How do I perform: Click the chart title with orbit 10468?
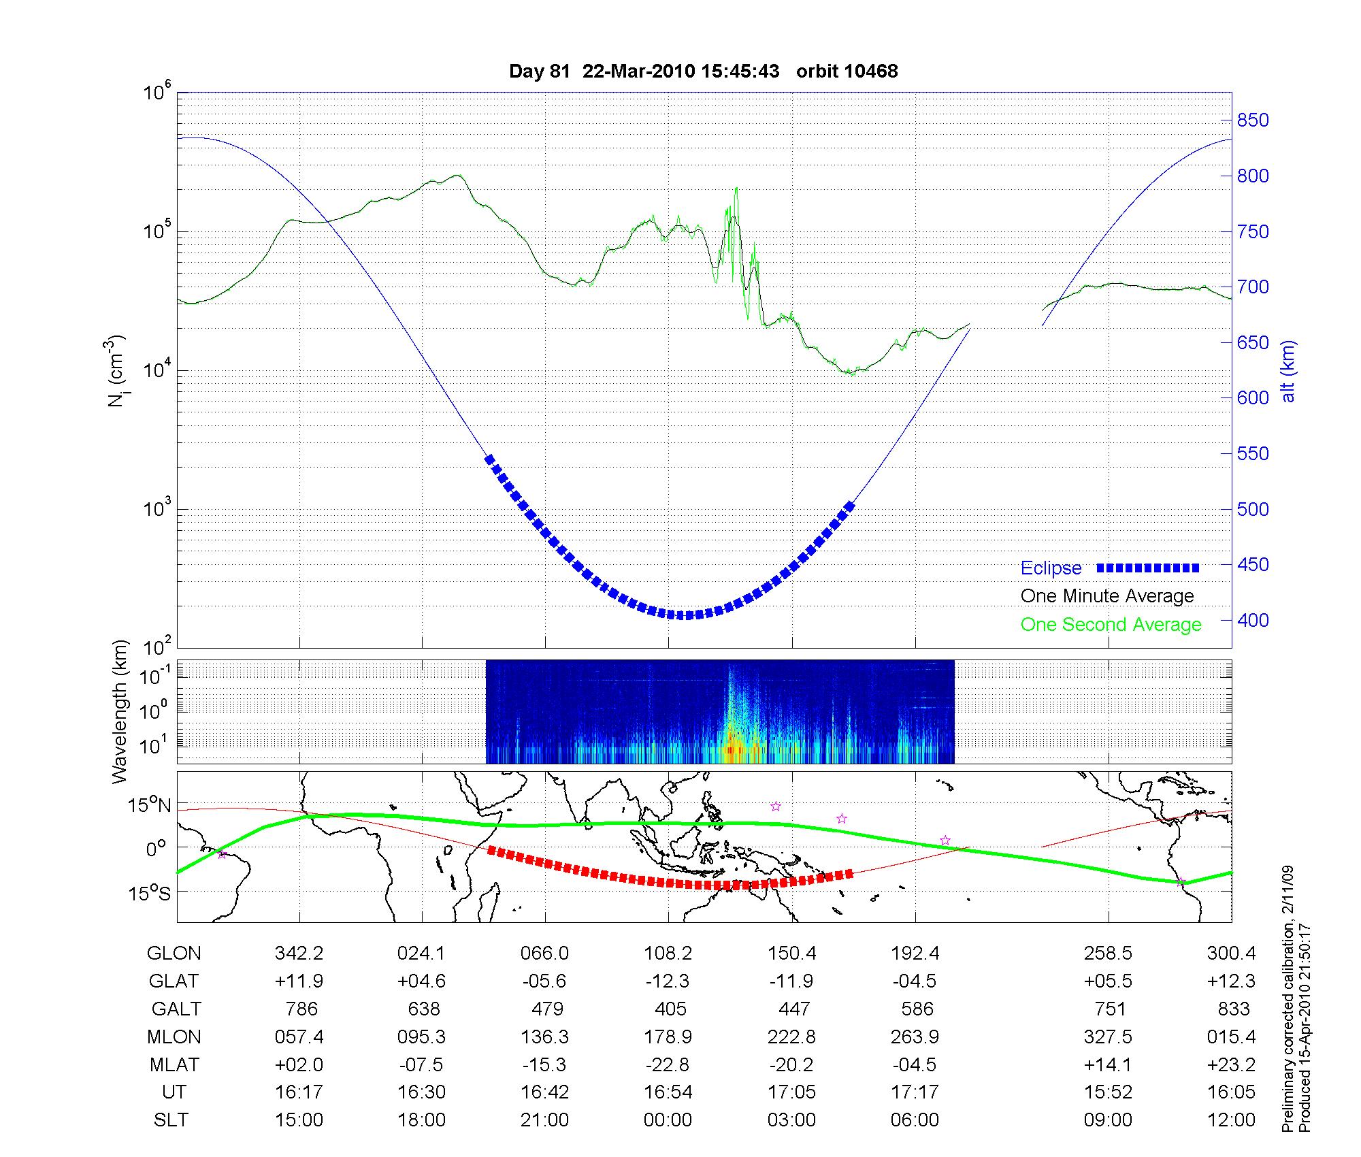pyautogui.click(x=703, y=71)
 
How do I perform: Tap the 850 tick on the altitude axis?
pyautogui.click(x=1252, y=120)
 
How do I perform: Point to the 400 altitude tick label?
pyautogui.click(x=1252, y=620)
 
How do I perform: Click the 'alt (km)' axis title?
pyautogui.click(x=1288, y=371)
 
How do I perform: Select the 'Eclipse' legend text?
pyautogui.click(x=1051, y=568)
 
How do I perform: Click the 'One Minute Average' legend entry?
pyautogui.click(x=1107, y=596)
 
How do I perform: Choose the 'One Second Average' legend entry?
pyautogui.click(x=1111, y=625)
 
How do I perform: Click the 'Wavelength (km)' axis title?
pyautogui.click(x=120, y=711)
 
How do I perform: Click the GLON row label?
pyautogui.click(x=174, y=954)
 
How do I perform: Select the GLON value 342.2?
pyautogui.click(x=299, y=954)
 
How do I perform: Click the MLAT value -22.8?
pyautogui.click(x=668, y=1064)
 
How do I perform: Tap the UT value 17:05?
pyautogui.click(x=792, y=1092)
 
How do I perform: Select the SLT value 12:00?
pyautogui.click(x=1232, y=1120)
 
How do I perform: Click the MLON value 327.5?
pyautogui.click(x=1108, y=1037)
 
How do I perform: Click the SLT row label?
pyautogui.click(x=171, y=1120)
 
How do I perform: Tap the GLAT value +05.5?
pyautogui.click(x=1108, y=981)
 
